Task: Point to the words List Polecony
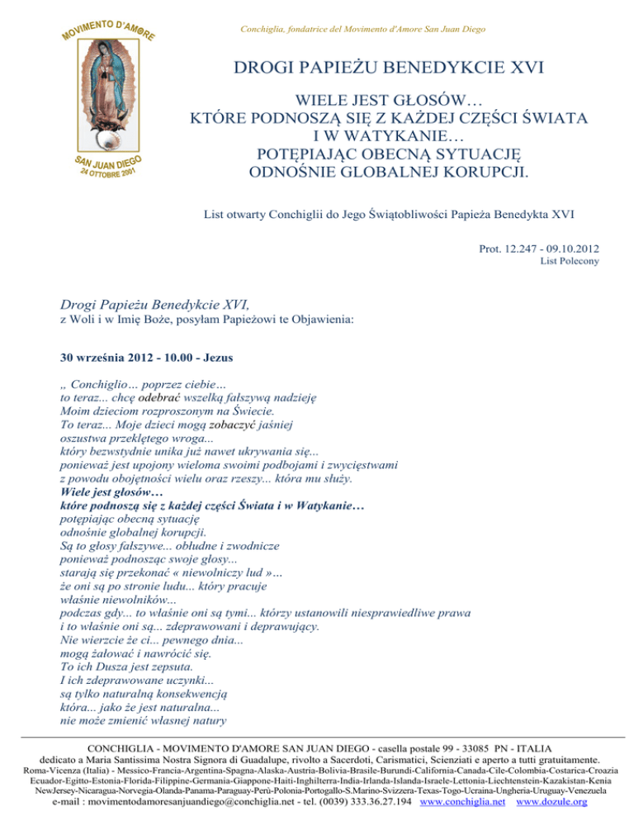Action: [x=570, y=261]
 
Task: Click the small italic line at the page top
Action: [x=362, y=30]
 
